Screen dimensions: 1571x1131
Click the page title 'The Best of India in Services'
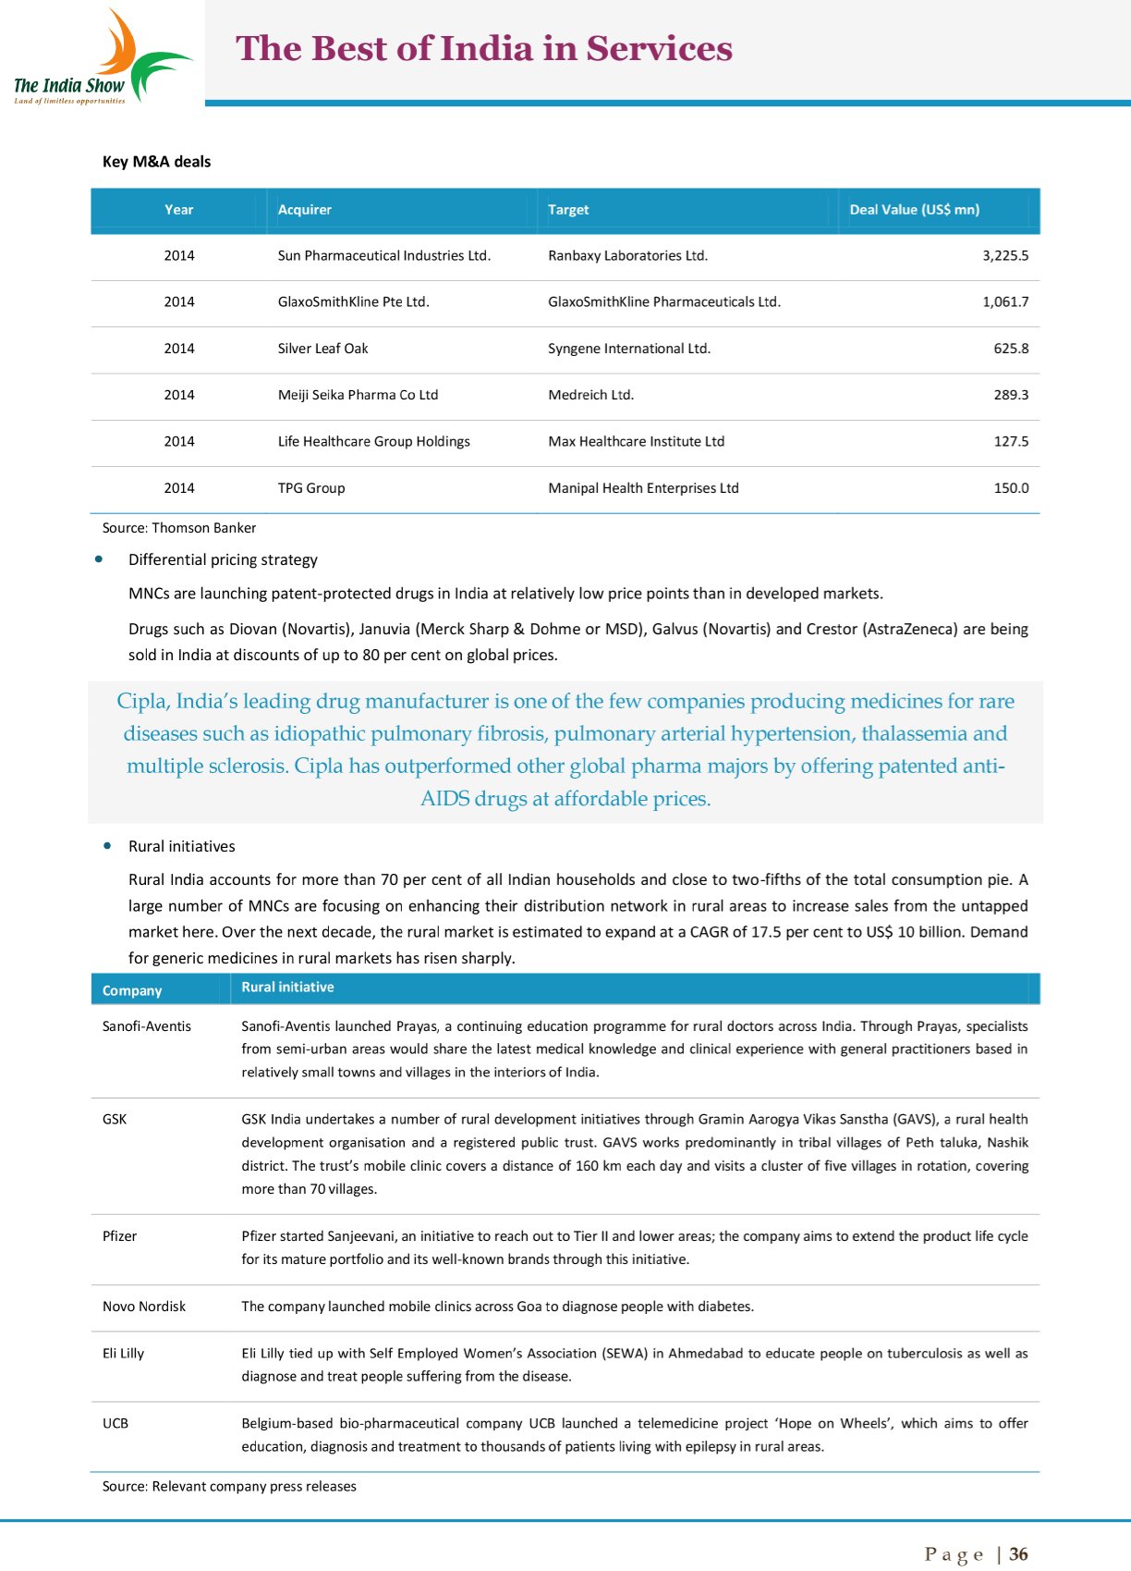tap(484, 49)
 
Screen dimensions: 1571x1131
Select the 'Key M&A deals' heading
tap(156, 162)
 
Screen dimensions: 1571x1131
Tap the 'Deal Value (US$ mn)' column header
tap(914, 210)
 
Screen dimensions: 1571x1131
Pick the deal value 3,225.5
tap(1004, 256)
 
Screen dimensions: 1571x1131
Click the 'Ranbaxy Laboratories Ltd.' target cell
tap(627, 256)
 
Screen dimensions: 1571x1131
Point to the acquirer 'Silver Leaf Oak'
tap(322, 349)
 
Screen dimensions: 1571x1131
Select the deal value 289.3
tap(1011, 395)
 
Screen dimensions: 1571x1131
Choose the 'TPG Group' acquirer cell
tap(310, 488)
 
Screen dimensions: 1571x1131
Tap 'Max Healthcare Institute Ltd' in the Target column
tap(636, 442)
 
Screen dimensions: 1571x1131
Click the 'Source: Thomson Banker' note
tap(179, 528)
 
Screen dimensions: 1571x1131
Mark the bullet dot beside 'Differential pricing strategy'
tap(99, 558)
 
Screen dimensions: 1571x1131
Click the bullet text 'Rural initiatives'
tap(181, 846)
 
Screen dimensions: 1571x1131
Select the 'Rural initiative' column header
tap(287, 988)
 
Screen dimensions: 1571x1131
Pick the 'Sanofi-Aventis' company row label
tap(147, 1026)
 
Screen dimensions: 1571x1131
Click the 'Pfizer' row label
tap(119, 1236)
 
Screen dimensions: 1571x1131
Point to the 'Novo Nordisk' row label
tap(144, 1307)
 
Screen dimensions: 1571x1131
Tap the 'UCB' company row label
tap(116, 1423)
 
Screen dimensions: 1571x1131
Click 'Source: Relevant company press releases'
tap(229, 1486)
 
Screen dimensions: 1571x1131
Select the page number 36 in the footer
tap(1018, 1554)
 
